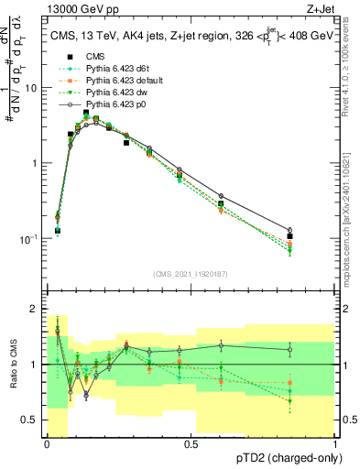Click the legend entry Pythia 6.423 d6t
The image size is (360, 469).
115,69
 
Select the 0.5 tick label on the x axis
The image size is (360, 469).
191,443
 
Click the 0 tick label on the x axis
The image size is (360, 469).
47,443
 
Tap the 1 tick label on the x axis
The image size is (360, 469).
336,443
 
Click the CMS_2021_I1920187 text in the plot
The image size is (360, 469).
190,273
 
